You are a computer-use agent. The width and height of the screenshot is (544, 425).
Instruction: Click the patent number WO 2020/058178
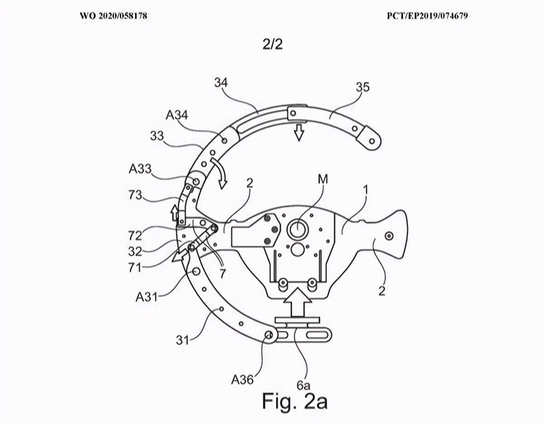pyautogui.click(x=114, y=16)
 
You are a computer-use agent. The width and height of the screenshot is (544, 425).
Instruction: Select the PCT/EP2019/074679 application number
pyautogui.click(x=427, y=16)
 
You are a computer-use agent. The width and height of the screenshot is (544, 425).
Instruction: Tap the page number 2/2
pyautogui.click(x=272, y=44)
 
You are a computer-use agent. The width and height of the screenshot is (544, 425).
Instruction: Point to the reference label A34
pyautogui.click(x=177, y=116)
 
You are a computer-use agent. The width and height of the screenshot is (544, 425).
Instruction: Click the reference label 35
pyautogui.click(x=363, y=87)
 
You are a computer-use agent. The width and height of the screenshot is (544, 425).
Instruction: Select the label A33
pyautogui.click(x=140, y=169)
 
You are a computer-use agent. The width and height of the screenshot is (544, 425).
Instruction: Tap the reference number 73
pyautogui.click(x=136, y=195)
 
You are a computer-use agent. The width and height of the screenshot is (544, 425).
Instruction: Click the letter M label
pyautogui.click(x=323, y=179)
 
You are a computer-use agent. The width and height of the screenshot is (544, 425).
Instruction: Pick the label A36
pyautogui.click(x=242, y=380)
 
